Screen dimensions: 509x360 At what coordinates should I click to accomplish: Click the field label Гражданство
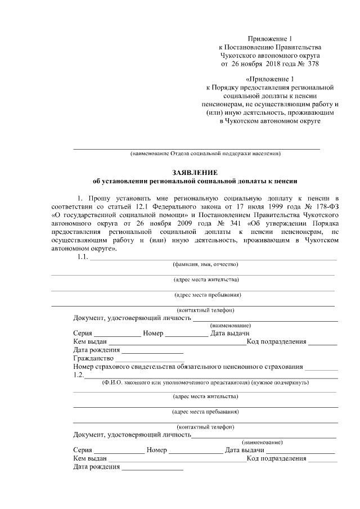(x=93, y=358)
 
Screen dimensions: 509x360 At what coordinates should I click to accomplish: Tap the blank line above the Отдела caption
(x=196, y=148)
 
